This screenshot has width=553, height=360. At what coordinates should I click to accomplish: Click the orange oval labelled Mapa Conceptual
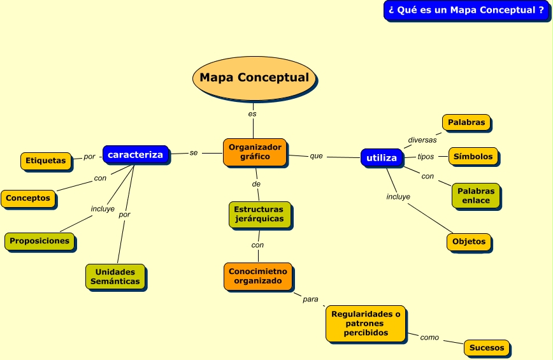254,78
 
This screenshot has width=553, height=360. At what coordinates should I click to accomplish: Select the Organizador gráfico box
255,152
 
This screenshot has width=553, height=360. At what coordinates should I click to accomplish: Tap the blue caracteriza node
135,155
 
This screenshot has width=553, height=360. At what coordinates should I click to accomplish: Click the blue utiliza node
382,158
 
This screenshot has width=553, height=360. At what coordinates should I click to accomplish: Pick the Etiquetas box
45,161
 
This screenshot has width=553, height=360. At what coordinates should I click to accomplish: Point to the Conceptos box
28,198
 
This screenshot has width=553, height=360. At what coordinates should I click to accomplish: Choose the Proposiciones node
39,241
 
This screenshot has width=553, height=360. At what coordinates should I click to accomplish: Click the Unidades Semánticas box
115,277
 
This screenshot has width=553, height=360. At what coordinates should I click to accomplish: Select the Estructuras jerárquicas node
259,214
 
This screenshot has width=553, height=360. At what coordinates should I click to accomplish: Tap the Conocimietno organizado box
257,276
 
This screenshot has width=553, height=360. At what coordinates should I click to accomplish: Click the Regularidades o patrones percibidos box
366,323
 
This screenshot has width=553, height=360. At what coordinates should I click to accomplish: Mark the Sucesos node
487,348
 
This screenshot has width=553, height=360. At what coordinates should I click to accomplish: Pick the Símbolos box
473,157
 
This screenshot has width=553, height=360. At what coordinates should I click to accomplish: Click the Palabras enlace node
476,196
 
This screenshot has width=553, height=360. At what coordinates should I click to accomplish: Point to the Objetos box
470,241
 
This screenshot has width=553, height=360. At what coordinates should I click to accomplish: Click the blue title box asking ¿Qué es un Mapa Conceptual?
466,10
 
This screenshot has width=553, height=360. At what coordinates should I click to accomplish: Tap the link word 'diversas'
422,140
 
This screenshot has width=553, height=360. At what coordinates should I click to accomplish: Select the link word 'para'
310,299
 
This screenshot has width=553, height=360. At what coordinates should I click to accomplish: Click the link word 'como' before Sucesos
429,338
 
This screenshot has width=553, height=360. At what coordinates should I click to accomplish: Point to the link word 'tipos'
426,157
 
